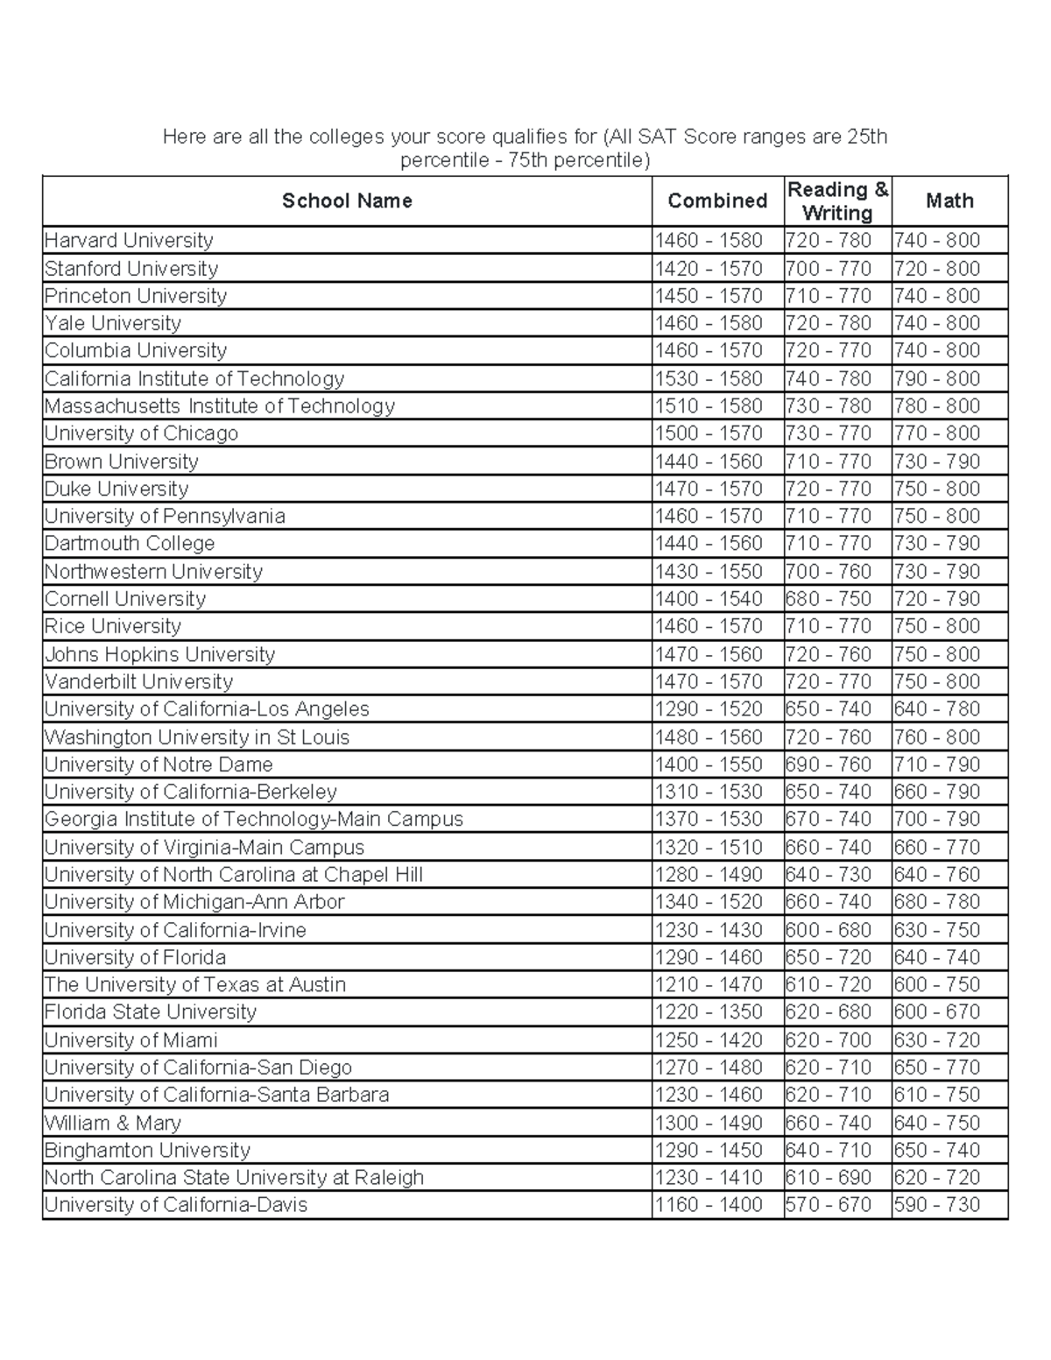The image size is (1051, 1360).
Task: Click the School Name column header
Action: (347, 201)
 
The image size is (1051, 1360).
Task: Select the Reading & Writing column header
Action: (837, 201)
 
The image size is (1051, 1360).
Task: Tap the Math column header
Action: (949, 201)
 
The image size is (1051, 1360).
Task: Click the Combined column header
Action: (717, 201)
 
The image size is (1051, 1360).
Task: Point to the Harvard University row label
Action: (129, 241)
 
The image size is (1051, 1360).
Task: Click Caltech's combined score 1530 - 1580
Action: (709, 379)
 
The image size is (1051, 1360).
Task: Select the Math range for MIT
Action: (936, 406)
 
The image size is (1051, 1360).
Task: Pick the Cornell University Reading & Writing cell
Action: (829, 599)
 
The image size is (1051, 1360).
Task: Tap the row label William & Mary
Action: (113, 1123)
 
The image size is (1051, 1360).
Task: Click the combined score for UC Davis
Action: (709, 1205)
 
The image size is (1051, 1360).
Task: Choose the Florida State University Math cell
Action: (936, 1012)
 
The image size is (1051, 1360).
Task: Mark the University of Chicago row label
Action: (141, 433)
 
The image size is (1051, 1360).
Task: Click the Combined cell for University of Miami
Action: (709, 1040)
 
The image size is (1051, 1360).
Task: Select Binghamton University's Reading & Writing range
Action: (829, 1150)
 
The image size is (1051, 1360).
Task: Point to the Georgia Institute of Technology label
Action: (253, 820)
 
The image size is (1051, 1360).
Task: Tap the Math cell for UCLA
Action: (936, 709)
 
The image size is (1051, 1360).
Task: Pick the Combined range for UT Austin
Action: (709, 985)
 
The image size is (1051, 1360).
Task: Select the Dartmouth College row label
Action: (130, 544)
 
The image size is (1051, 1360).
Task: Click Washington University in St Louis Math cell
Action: (936, 737)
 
